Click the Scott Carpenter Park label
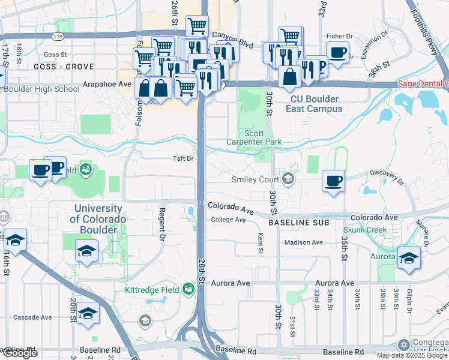262,137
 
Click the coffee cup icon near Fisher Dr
337,52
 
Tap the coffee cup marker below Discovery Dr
333,181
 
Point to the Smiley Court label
256,179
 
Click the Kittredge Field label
151,290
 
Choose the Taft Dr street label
183,158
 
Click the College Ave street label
228,220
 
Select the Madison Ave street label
303,242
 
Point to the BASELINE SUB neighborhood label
298,223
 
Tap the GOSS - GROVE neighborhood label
55,66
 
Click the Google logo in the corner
20,353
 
